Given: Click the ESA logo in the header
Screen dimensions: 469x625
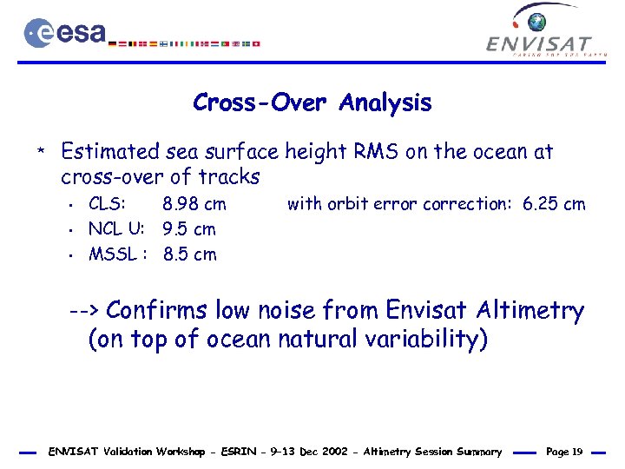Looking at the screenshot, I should click(x=65, y=32).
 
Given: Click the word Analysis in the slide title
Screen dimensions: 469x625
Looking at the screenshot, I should click(x=385, y=102).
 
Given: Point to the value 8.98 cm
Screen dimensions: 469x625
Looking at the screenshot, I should click(x=194, y=205).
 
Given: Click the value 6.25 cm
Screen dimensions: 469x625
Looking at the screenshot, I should click(x=554, y=205).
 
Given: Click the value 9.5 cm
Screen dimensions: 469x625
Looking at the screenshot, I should click(x=189, y=230).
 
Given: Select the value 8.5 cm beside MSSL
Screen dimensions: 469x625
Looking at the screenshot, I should click(x=190, y=255).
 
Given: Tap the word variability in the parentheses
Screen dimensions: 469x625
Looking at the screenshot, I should click(x=416, y=339).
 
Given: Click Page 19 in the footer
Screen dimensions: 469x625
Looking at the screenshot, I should click(x=564, y=452).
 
